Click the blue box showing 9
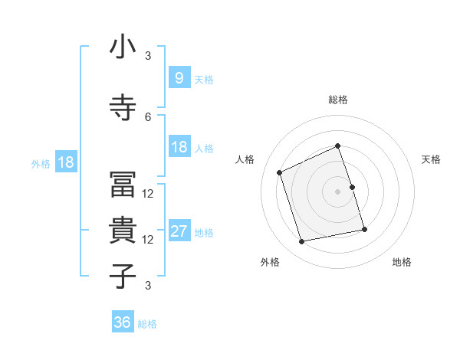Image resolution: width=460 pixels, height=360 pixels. pos(179,78)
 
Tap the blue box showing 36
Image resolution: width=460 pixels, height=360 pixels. pos(123,323)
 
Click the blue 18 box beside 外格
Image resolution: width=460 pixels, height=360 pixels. pos(65,163)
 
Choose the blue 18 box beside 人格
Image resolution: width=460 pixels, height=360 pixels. pos(179,148)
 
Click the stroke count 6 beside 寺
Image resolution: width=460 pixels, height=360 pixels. pos(148,116)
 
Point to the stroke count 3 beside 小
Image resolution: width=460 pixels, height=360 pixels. pos(148,55)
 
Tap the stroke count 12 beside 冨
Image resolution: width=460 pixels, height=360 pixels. pos(148,194)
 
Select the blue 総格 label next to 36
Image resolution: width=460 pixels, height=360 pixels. pos(147,325)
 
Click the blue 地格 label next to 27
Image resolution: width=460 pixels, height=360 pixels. pos(204,233)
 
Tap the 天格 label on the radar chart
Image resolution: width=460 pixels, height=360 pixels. pos(431,159)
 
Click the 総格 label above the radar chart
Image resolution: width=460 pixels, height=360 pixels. pos(337,100)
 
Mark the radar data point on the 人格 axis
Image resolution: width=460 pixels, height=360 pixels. pos(281,172)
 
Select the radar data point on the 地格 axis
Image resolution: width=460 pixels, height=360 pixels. pos(364,229)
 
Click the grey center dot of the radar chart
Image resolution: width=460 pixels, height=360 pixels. pos(337,191)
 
